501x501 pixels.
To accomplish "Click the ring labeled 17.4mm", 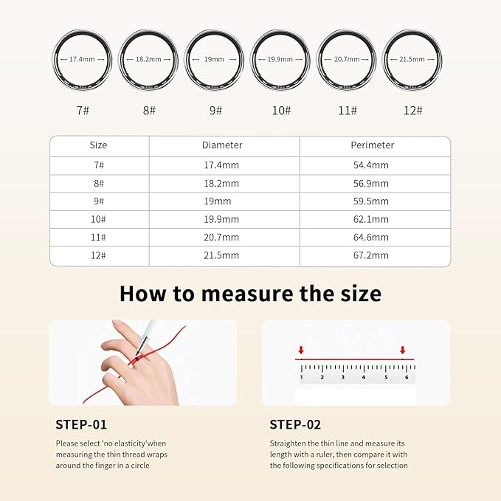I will (x=83, y=60).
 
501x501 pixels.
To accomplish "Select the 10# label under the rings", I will (x=281, y=110).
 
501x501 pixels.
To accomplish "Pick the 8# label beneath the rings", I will (x=150, y=110).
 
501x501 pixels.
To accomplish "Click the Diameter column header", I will (x=222, y=145).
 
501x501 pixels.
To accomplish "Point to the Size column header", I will (x=98, y=145).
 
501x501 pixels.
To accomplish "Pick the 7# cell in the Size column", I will (x=98, y=165).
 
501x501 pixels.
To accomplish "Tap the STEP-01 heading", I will (x=81, y=424).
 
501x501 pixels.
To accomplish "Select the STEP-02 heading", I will (x=295, y=424).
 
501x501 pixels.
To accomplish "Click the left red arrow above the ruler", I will (x=301, y=350).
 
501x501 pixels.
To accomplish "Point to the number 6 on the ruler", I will (x=407, y=377).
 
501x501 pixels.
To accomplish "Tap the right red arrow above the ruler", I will (x=403, y=350).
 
